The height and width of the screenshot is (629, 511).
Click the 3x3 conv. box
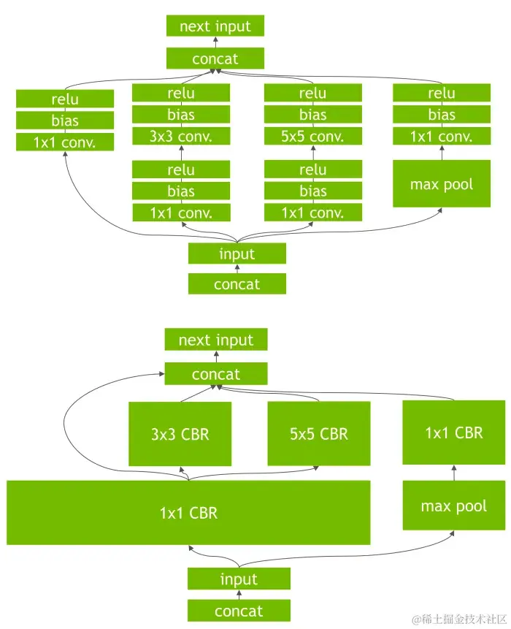point(181,136)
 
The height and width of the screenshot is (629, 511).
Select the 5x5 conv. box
point(313,136)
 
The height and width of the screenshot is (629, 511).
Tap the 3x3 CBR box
point(180,434)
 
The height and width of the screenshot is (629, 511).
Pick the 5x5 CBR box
point(319,434)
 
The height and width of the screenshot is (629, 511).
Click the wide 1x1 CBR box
point(188,513)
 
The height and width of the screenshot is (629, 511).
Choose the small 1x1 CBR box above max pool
point(453,432)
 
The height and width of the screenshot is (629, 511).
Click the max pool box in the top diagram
point(442,184)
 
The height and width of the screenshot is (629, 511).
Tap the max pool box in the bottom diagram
point(453,506)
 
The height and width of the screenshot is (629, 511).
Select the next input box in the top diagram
point(215,26)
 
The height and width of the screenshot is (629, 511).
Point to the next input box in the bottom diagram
point(216,340)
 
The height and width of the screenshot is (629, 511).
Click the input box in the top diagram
point(237,253)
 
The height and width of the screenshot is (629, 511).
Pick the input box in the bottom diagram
point(239,579)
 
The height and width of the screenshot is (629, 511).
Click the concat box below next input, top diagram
point(215,58)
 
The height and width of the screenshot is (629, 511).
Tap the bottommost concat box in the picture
point(239,611)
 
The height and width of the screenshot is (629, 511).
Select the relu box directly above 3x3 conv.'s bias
point(181,93)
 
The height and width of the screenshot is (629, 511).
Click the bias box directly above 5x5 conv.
point(313,115)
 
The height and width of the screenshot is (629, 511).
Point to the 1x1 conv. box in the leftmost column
point(65,142)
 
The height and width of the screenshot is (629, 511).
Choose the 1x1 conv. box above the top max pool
point(442,136)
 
